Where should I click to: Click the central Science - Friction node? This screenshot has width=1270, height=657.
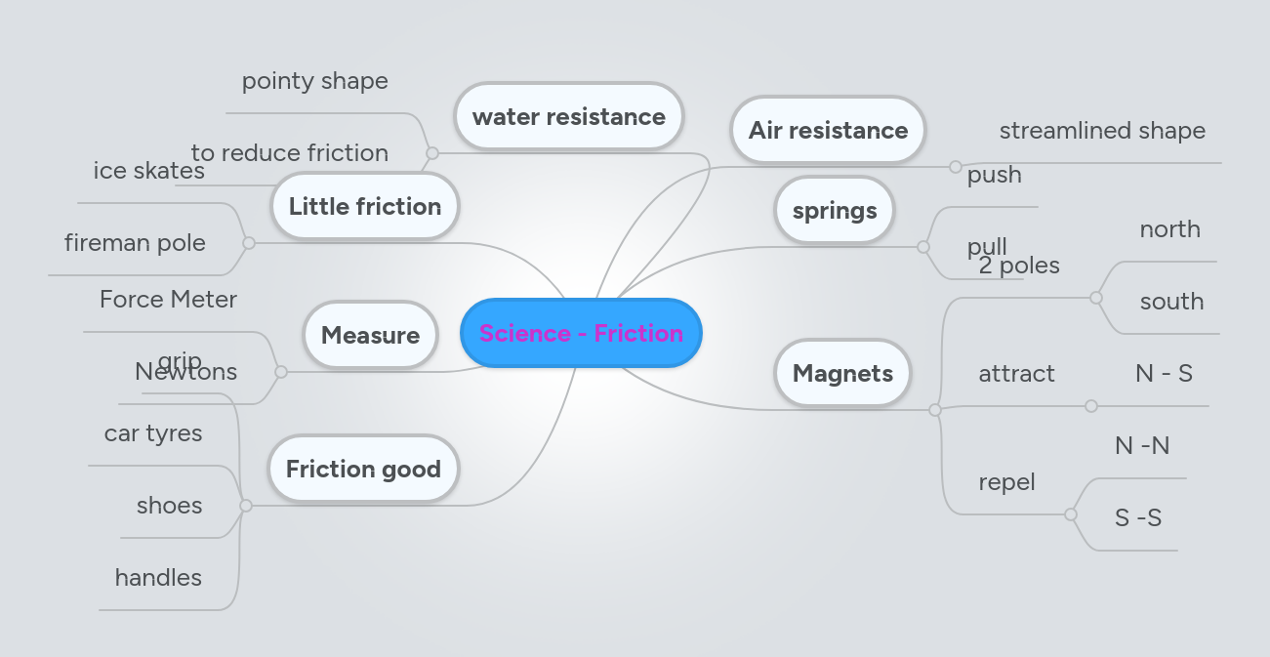click(x=581, y=333)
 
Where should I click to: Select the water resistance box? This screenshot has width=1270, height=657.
click(x=568, y=116)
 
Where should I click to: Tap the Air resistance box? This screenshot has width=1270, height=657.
click(x=828, y=130)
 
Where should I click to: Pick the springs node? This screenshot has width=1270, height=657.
click(x=835, y=210)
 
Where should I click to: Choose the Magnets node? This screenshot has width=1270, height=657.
click(x=842, y=373)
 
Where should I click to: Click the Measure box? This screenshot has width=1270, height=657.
click(x=370, y=335)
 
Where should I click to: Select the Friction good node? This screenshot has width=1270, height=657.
click(x=363, y=469)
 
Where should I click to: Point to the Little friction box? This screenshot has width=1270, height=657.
click(x=365, y=206)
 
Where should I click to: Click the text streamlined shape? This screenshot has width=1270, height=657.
click(x=1102, y=130)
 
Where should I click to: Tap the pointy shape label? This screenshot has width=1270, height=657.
click(x=314, y=80)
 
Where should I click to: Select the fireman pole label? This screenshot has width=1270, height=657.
click(x=135, y=242)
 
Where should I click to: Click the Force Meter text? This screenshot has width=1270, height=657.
click(x=168, y=299)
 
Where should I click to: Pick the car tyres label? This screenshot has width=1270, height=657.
click(x=153, y=432)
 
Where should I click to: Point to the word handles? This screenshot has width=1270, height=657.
click(x=158, y=577)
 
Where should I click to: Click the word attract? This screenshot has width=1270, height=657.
click(x=1016, y=373)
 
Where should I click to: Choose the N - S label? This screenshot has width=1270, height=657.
click(x=1164, y=373)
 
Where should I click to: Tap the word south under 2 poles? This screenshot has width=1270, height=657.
click(x=1171, y=301)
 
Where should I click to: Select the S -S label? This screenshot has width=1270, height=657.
click(x=1138, y=517)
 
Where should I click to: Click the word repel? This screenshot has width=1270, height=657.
click(x=1006, y=481)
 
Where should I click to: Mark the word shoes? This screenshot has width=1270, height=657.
click(x=170, y=505)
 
